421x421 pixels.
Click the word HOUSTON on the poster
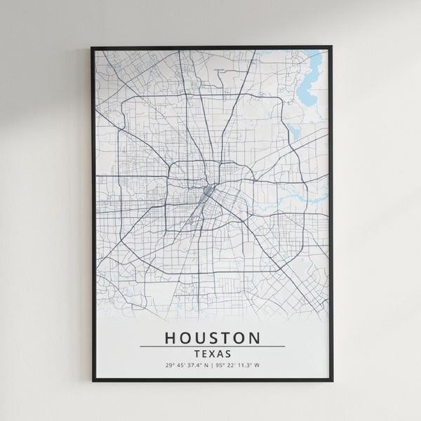[212, 338]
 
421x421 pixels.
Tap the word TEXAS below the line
[212, 354]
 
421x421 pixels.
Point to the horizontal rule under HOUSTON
[212, 346]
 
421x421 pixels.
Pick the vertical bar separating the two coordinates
[213, 366]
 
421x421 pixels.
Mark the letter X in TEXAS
[212, 354]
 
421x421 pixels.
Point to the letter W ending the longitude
[257, 366]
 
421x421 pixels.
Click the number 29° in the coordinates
[169, 366]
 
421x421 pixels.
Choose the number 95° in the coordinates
[221, 366]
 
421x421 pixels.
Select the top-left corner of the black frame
[93, 48]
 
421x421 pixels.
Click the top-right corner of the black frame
[331, 48]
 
